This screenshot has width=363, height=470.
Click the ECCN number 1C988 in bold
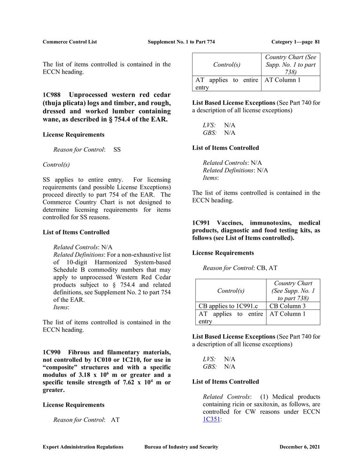(52, 94)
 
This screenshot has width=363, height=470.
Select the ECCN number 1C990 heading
(52, 352)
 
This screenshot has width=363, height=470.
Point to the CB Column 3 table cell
(287, 306)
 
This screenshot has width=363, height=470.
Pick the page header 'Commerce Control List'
(70, 42)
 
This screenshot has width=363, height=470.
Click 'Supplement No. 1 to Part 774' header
(181, 42)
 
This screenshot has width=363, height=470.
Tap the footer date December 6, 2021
(299, 447)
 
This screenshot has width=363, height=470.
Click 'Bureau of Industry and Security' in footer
(181, 447)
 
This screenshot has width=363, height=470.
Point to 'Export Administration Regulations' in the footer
(83, 447)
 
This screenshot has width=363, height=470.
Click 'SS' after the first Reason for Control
(117, 149)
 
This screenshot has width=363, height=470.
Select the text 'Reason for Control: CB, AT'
(240, 268)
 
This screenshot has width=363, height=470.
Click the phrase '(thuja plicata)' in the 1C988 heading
(63, 103)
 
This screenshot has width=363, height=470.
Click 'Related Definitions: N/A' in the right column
(235, 170)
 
